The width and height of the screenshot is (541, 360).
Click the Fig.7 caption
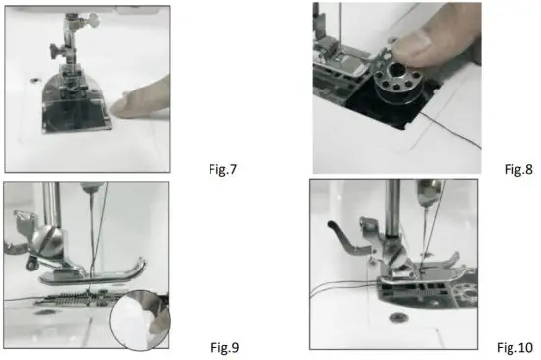tap(226, 169)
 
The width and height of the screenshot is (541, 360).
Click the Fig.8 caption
tap(517, 169)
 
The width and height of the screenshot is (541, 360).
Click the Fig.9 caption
tap(226, 346)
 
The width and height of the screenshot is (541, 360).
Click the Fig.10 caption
tap(513, 346)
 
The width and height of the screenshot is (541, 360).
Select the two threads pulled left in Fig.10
tap(339, 286)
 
